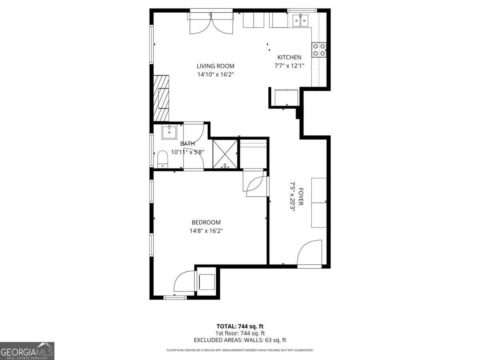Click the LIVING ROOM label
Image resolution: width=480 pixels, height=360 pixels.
tap(215, 66)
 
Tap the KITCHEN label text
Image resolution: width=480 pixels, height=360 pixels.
tap(289, 57)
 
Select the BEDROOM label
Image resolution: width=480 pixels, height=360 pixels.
tap(206, 222)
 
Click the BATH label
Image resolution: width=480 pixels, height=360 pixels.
tap(187, 144)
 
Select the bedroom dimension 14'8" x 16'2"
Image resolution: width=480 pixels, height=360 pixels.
tap(206, 231)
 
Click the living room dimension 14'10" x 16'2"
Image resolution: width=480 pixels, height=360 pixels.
tap(215, 74)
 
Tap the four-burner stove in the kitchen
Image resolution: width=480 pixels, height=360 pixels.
tap(319, 50)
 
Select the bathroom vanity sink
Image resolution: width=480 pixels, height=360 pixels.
tap(170, 132)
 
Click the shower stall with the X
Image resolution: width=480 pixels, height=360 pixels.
tap(225, 153)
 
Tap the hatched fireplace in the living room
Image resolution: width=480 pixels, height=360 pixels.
tap(162, 98)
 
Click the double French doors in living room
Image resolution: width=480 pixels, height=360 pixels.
tap(211, 23)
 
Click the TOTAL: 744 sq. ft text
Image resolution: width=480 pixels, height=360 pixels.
tap(240, 326)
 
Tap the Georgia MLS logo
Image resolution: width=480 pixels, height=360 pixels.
tap(27, 351)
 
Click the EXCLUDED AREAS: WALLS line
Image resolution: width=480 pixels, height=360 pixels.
tap(240, 340)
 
